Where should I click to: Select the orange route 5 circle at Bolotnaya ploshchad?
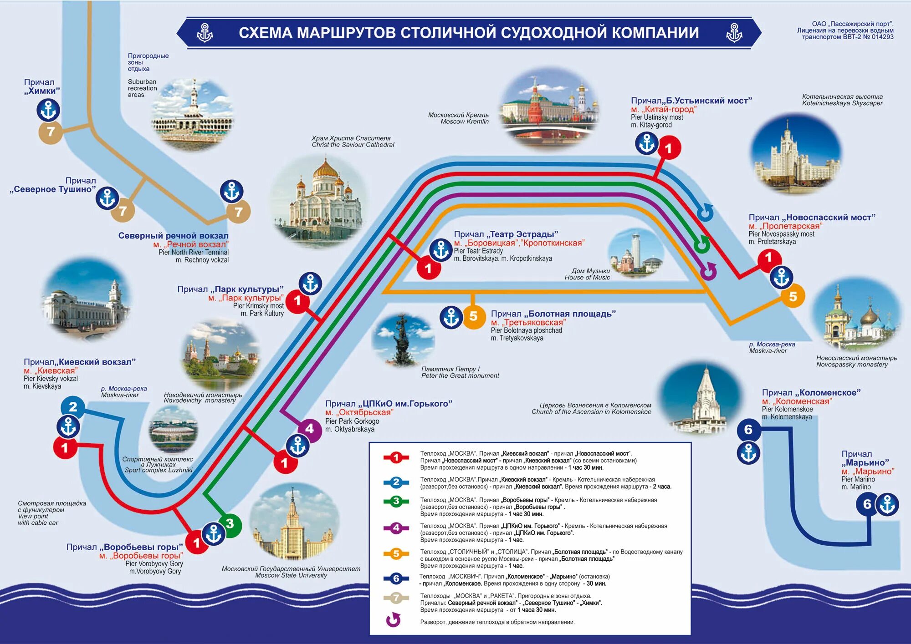pos(473,316)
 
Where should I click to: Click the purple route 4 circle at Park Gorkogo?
pos(309,429)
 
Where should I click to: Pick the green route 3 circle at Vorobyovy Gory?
pos(230,524)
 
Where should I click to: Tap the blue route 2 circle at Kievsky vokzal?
pos(73,406)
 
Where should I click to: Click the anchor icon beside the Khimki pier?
pos(48,110)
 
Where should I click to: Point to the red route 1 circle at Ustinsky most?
pos(668,148)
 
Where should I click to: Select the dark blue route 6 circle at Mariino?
pos(867,504)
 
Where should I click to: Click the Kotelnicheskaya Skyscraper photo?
pos(796,155)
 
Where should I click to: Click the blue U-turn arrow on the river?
pos(705,212)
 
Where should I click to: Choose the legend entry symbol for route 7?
pos(396,598)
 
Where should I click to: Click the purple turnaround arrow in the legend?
pos(393,620)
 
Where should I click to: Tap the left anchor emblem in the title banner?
pos(205,33)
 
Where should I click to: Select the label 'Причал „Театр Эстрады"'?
pos(506,234)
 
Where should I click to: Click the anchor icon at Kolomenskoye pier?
pos(748,453)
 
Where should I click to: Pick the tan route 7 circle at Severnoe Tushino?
pos(122,211)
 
